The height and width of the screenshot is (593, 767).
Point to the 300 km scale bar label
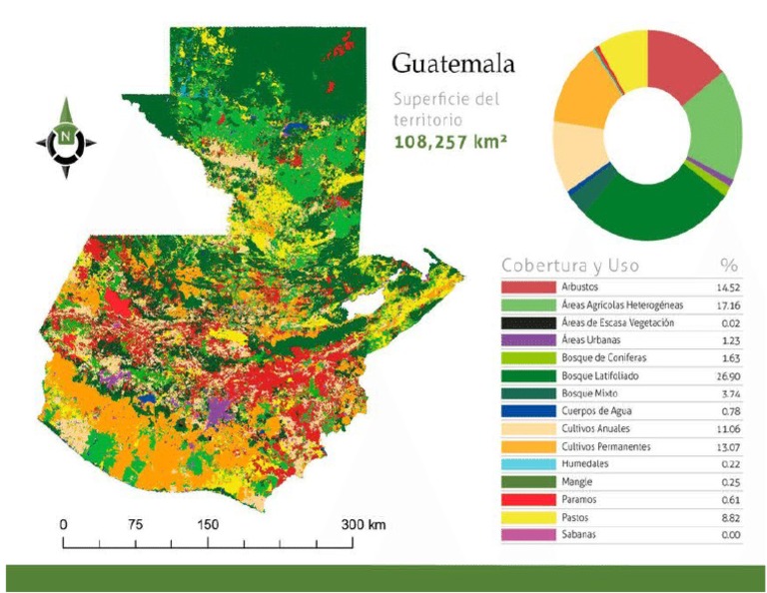click(x=362, y=524)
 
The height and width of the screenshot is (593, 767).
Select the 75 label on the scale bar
click(x=136, y=524)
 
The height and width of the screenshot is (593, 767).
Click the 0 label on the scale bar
click(x=64, y=524)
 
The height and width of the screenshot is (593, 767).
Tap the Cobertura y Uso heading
click(x=570, y=267)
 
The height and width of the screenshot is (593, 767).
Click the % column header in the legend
click(x=729, y=267)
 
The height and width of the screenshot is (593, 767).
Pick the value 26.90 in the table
click(x=726, y=375)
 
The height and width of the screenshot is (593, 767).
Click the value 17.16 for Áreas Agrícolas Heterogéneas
click(x=726, y=304)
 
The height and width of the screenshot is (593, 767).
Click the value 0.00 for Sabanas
click(x=728, y=535)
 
